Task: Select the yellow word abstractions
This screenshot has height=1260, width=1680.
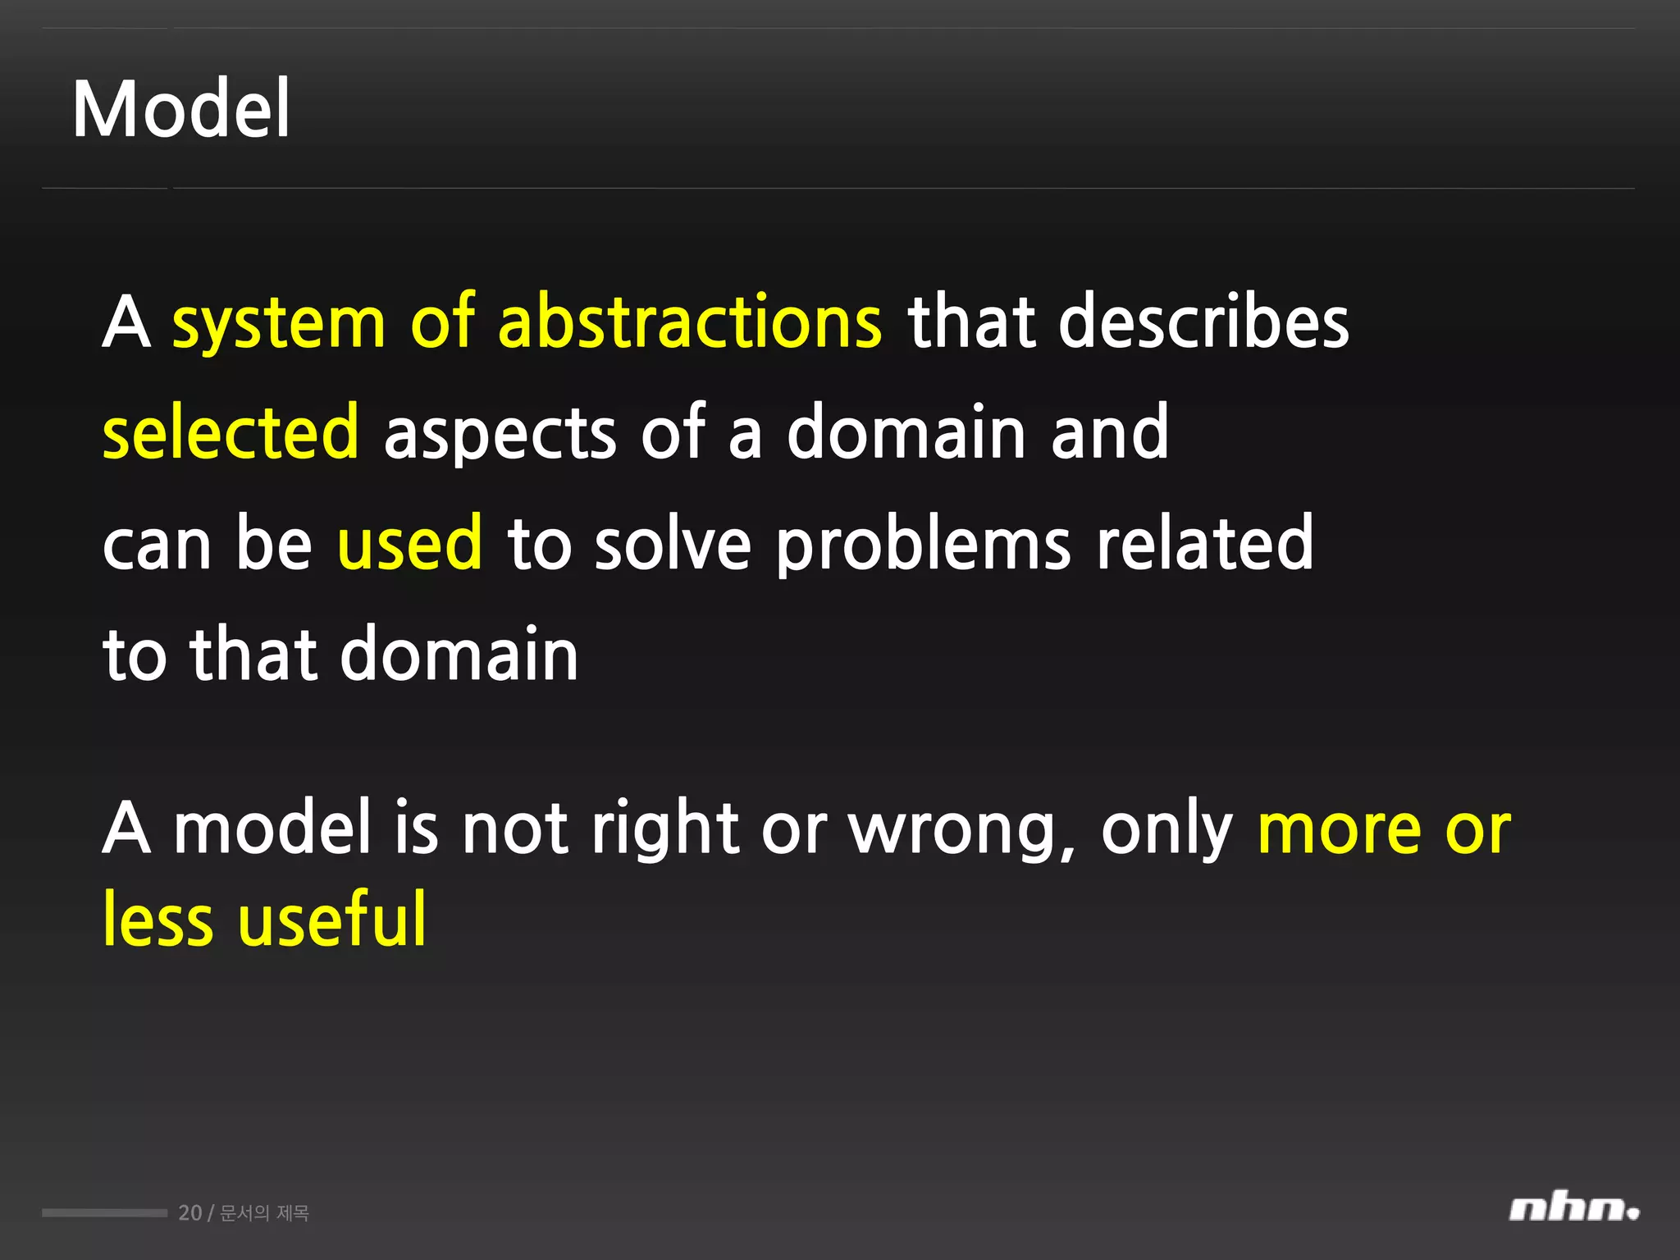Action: [x=690, y=322]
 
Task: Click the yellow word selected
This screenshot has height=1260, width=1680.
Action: [x=231, y=432]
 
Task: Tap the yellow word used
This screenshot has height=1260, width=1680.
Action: [x=409, y=543]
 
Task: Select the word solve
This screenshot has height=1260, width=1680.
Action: [x=673, y=543]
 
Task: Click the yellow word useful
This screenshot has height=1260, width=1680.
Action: [x=332, y=919]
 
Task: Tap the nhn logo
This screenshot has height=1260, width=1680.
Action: [x=1573, y=1209]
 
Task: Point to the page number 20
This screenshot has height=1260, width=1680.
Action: [x=189, y=1213]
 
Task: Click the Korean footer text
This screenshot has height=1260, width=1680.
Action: [x=264, y=1213]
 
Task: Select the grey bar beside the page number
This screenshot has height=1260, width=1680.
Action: [x=104, y=1212]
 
